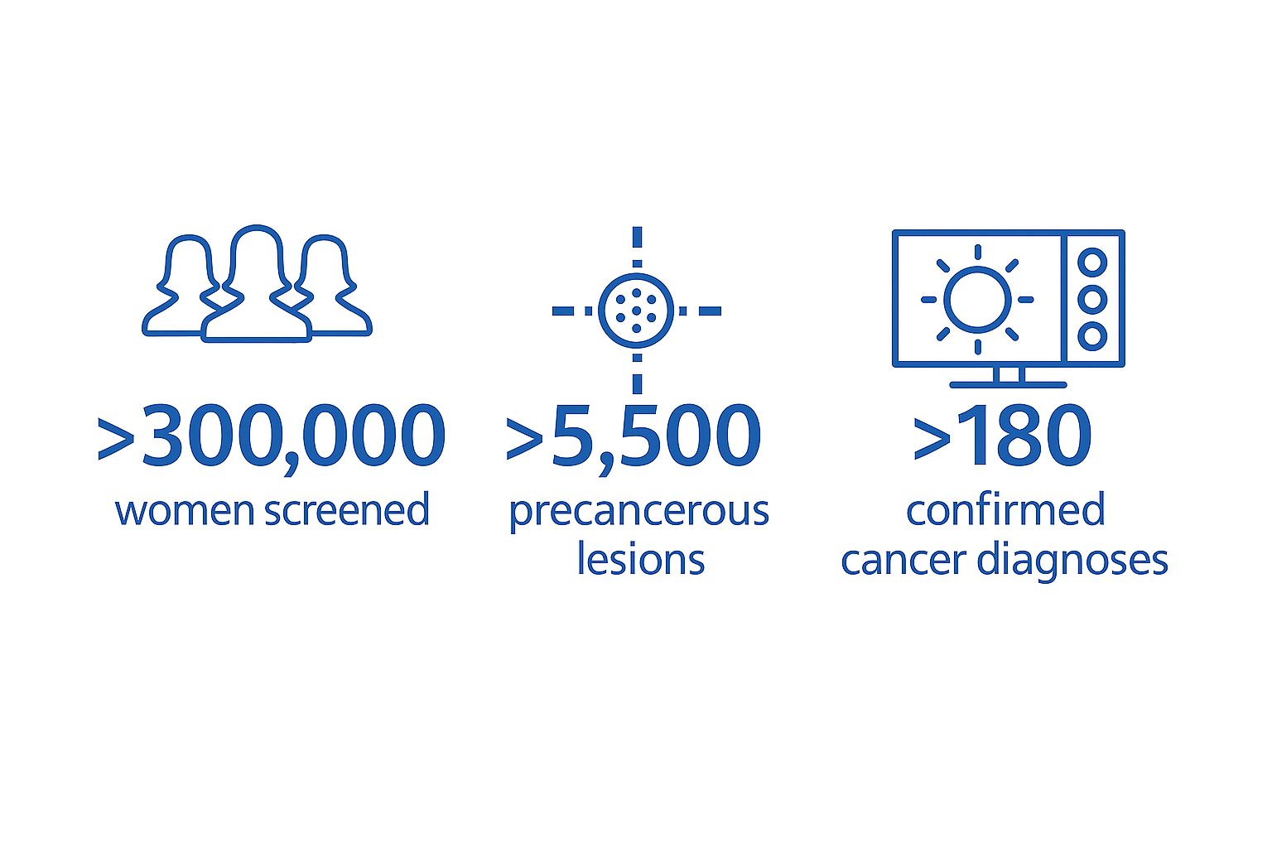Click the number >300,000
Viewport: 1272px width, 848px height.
coord(272,438)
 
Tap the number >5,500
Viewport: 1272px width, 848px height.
coord(634,438)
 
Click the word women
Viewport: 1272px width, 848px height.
coord(185,511)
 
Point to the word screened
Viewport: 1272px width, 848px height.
coord(347,509)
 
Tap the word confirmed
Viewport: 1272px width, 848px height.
coord(1005,509)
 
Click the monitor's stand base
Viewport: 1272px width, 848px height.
coord(1008,385)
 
